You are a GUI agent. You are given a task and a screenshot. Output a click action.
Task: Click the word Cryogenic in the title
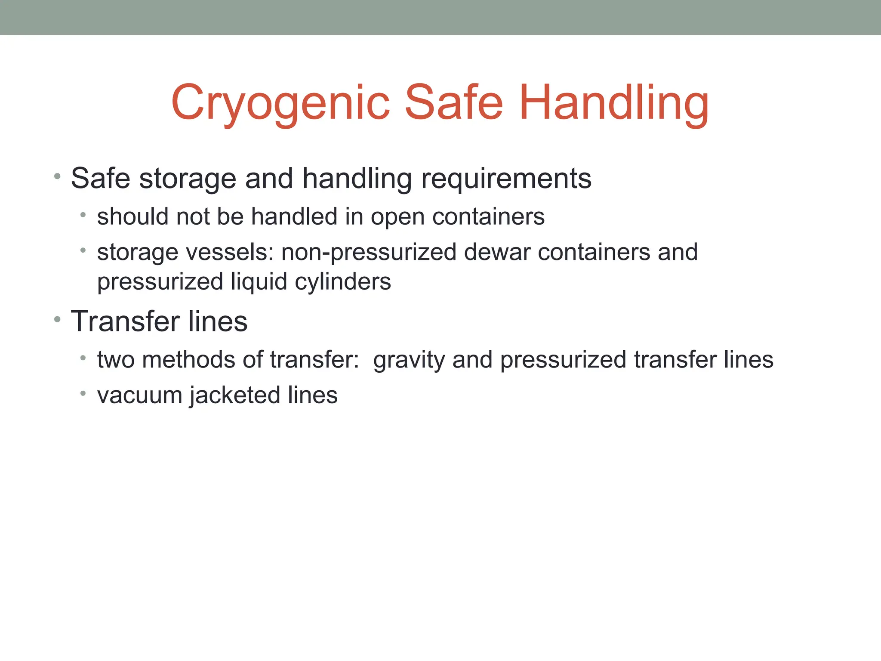pos(280,103)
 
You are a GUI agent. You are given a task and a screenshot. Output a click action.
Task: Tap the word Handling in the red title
pos(614,103)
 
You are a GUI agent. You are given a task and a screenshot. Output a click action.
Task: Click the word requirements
pos(506,179)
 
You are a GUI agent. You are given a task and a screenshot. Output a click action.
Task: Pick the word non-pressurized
pos(369,253)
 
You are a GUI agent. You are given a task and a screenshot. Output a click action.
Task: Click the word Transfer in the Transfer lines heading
pos(125,321)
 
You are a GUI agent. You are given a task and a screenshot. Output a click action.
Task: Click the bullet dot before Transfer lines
pos(57,320)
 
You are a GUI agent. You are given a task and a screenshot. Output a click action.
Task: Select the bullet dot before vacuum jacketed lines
pos(83,393)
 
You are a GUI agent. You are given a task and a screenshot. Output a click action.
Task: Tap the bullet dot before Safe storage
pos(57,176)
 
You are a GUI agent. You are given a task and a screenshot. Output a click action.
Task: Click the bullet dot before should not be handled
pos(83,215)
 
